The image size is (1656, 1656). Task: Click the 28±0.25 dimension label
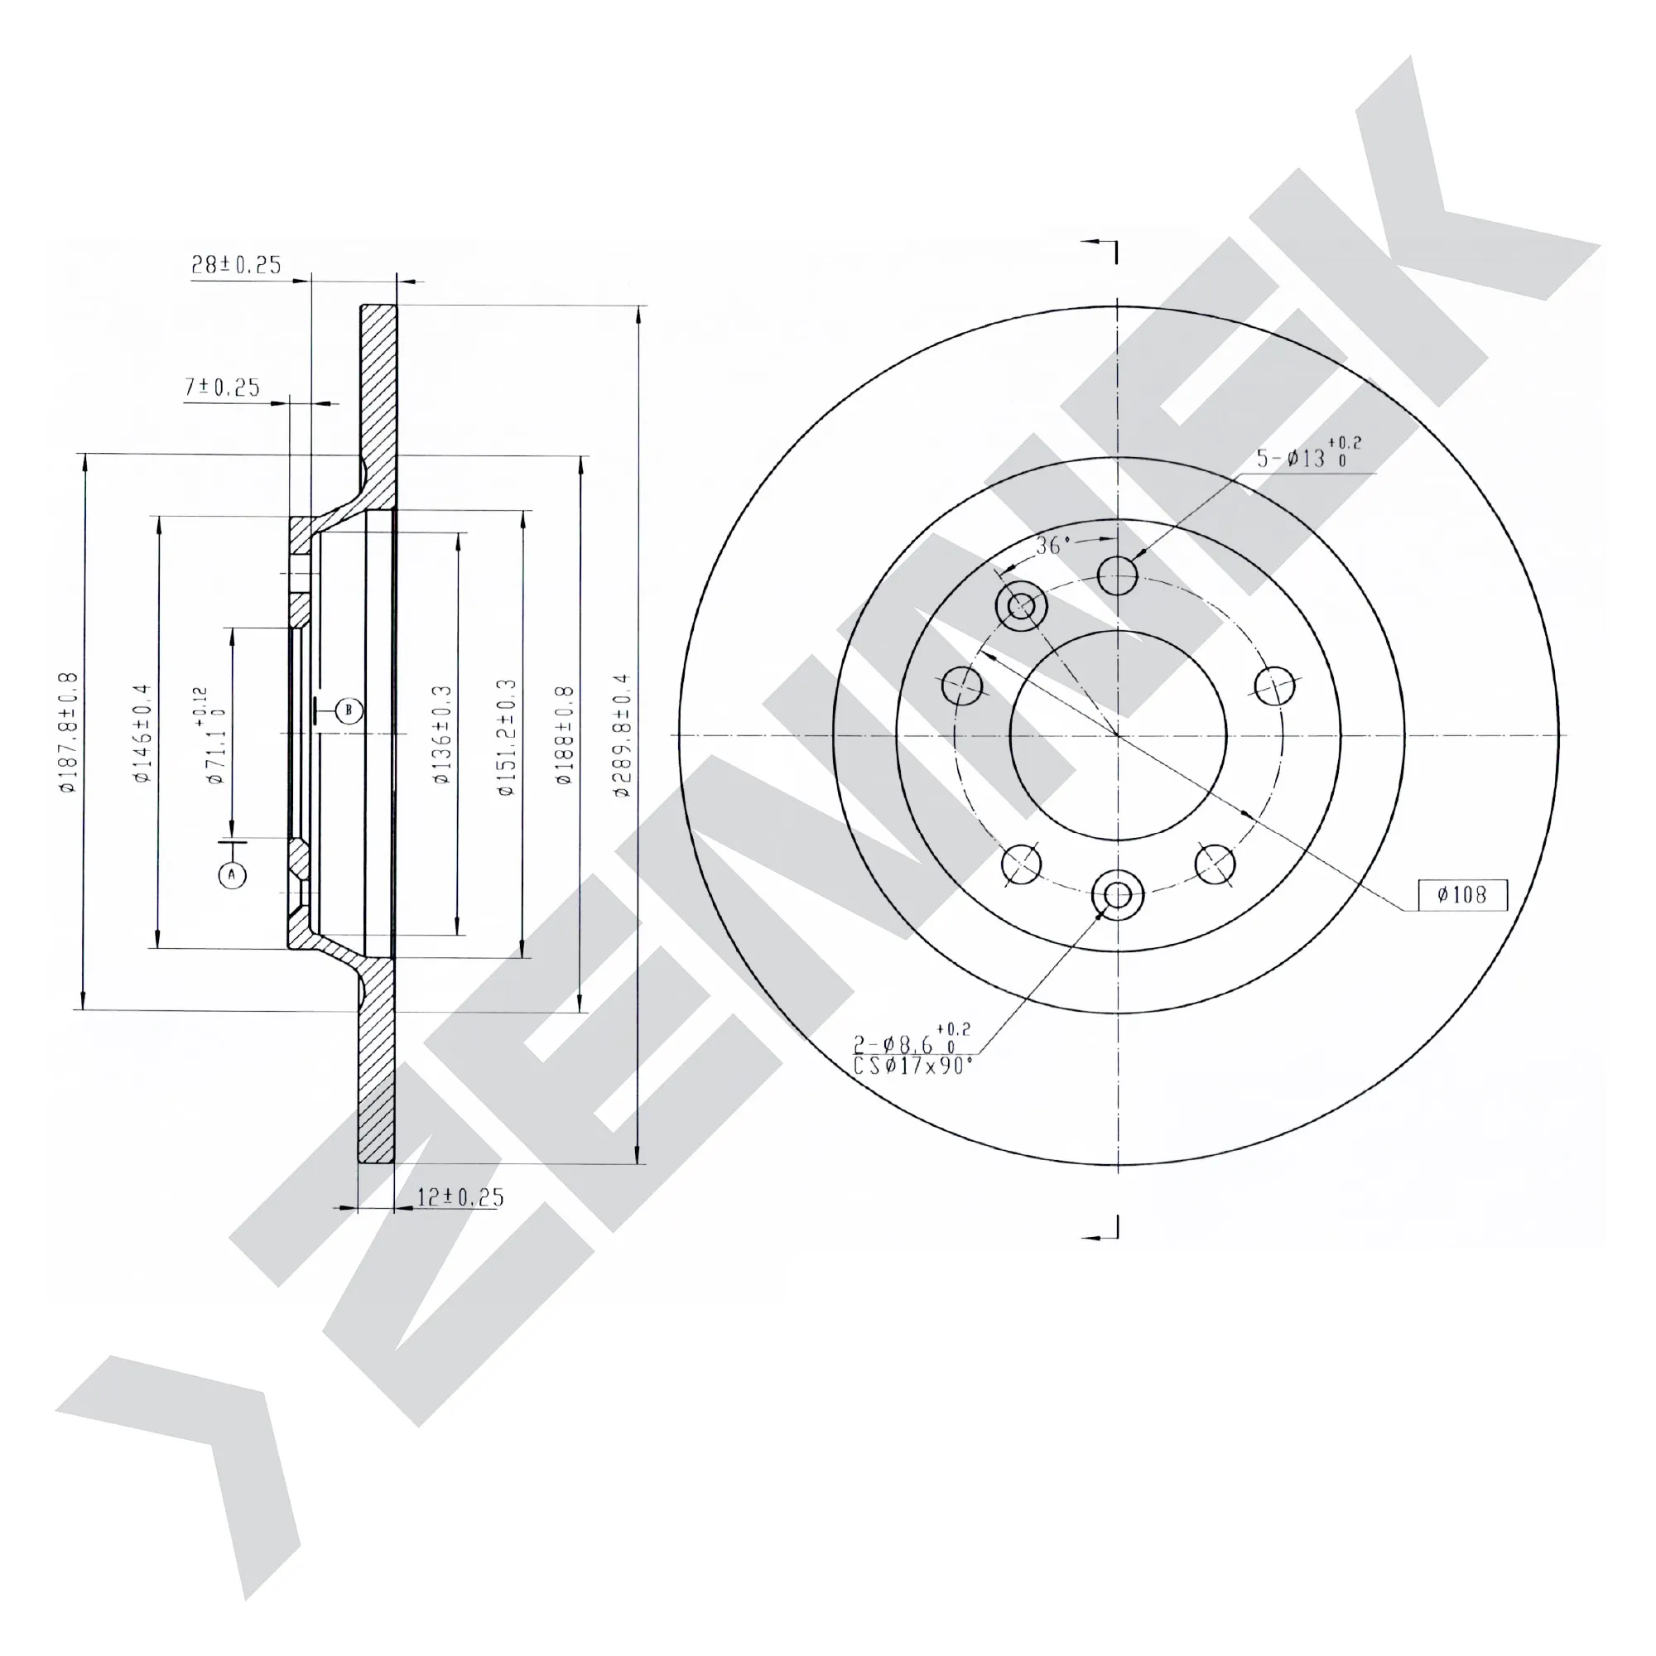pyautogui.click(x=236, y=265)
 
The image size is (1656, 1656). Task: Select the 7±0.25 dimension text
pyautogui.click(x=222, y=388)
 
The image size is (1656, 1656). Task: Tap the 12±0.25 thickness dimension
pyautogui.click(x=460, y=1197)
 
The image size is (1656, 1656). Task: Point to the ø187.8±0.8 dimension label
pyautogui.click(x=69, y=733)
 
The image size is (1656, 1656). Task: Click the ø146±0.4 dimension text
pyautogui.click(x=142, y=733)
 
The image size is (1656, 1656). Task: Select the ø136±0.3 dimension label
pyautogui.click(x=442, y=734)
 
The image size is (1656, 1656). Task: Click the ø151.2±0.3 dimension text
pyautogui.click(x=508, y=737)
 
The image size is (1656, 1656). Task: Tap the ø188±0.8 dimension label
pyautogui.click(x=564, y=735)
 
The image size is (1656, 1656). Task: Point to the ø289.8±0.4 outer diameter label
pyautogui.click(x=623, y=735)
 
